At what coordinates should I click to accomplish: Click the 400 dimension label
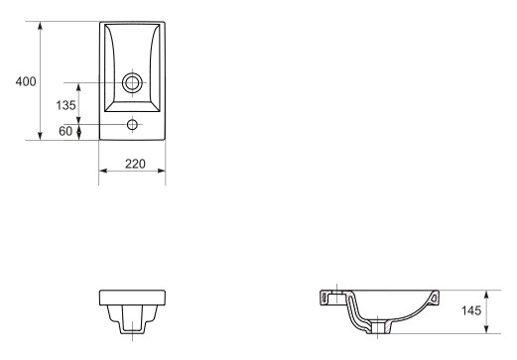tap(26, 81)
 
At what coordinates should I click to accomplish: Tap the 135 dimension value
tap(65, 105)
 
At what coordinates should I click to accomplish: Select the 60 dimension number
tap(65, 131)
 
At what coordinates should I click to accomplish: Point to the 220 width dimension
tap(135, 164)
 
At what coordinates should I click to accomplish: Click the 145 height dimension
tap(471, 310)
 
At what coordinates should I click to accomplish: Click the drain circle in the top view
tap(132, 82)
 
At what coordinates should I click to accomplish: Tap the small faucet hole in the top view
tap(132, 125)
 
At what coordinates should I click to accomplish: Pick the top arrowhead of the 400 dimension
tap(40, 26)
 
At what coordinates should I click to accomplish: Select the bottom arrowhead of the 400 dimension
tap(40, 135)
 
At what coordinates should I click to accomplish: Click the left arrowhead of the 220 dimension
tap(103, 171)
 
